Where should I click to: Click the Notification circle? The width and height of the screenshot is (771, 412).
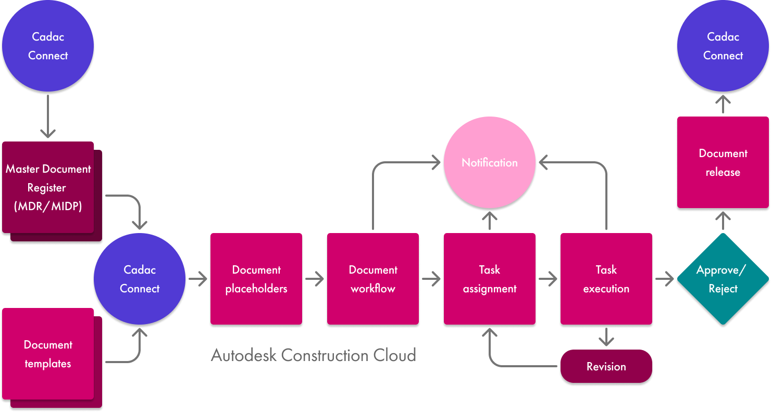(x=489, y=162)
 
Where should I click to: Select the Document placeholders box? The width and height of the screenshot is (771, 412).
(x=256, y=279)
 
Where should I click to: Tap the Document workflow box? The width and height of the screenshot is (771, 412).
(x=373, y=279)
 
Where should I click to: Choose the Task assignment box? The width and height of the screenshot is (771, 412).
(x=490, y=279)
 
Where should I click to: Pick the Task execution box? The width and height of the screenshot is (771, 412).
(x=606, y=279)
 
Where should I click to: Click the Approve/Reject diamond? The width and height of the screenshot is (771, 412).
(x=723, y=279)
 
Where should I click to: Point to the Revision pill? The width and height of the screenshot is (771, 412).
(x=606, y=367)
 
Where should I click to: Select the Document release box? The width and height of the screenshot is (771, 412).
(x=723, y=163)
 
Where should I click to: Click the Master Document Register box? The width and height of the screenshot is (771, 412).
(x=48, y=188)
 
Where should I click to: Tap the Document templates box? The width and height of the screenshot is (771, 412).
(x=48, y=354)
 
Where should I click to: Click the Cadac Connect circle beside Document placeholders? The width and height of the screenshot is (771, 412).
(x=140, y=279)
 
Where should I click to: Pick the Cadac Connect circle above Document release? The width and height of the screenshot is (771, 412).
(x=723, y=46)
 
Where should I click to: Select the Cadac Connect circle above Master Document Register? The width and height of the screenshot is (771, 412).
(x=48, y=46)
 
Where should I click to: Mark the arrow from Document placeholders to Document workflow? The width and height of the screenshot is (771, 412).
(x=315, y=279)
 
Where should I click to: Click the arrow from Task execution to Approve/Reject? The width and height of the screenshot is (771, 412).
(x=664, y=279)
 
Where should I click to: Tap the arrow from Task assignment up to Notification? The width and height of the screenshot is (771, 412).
(x=490, y=221)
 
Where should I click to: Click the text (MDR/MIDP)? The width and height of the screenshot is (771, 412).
(x=48, y=206)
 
